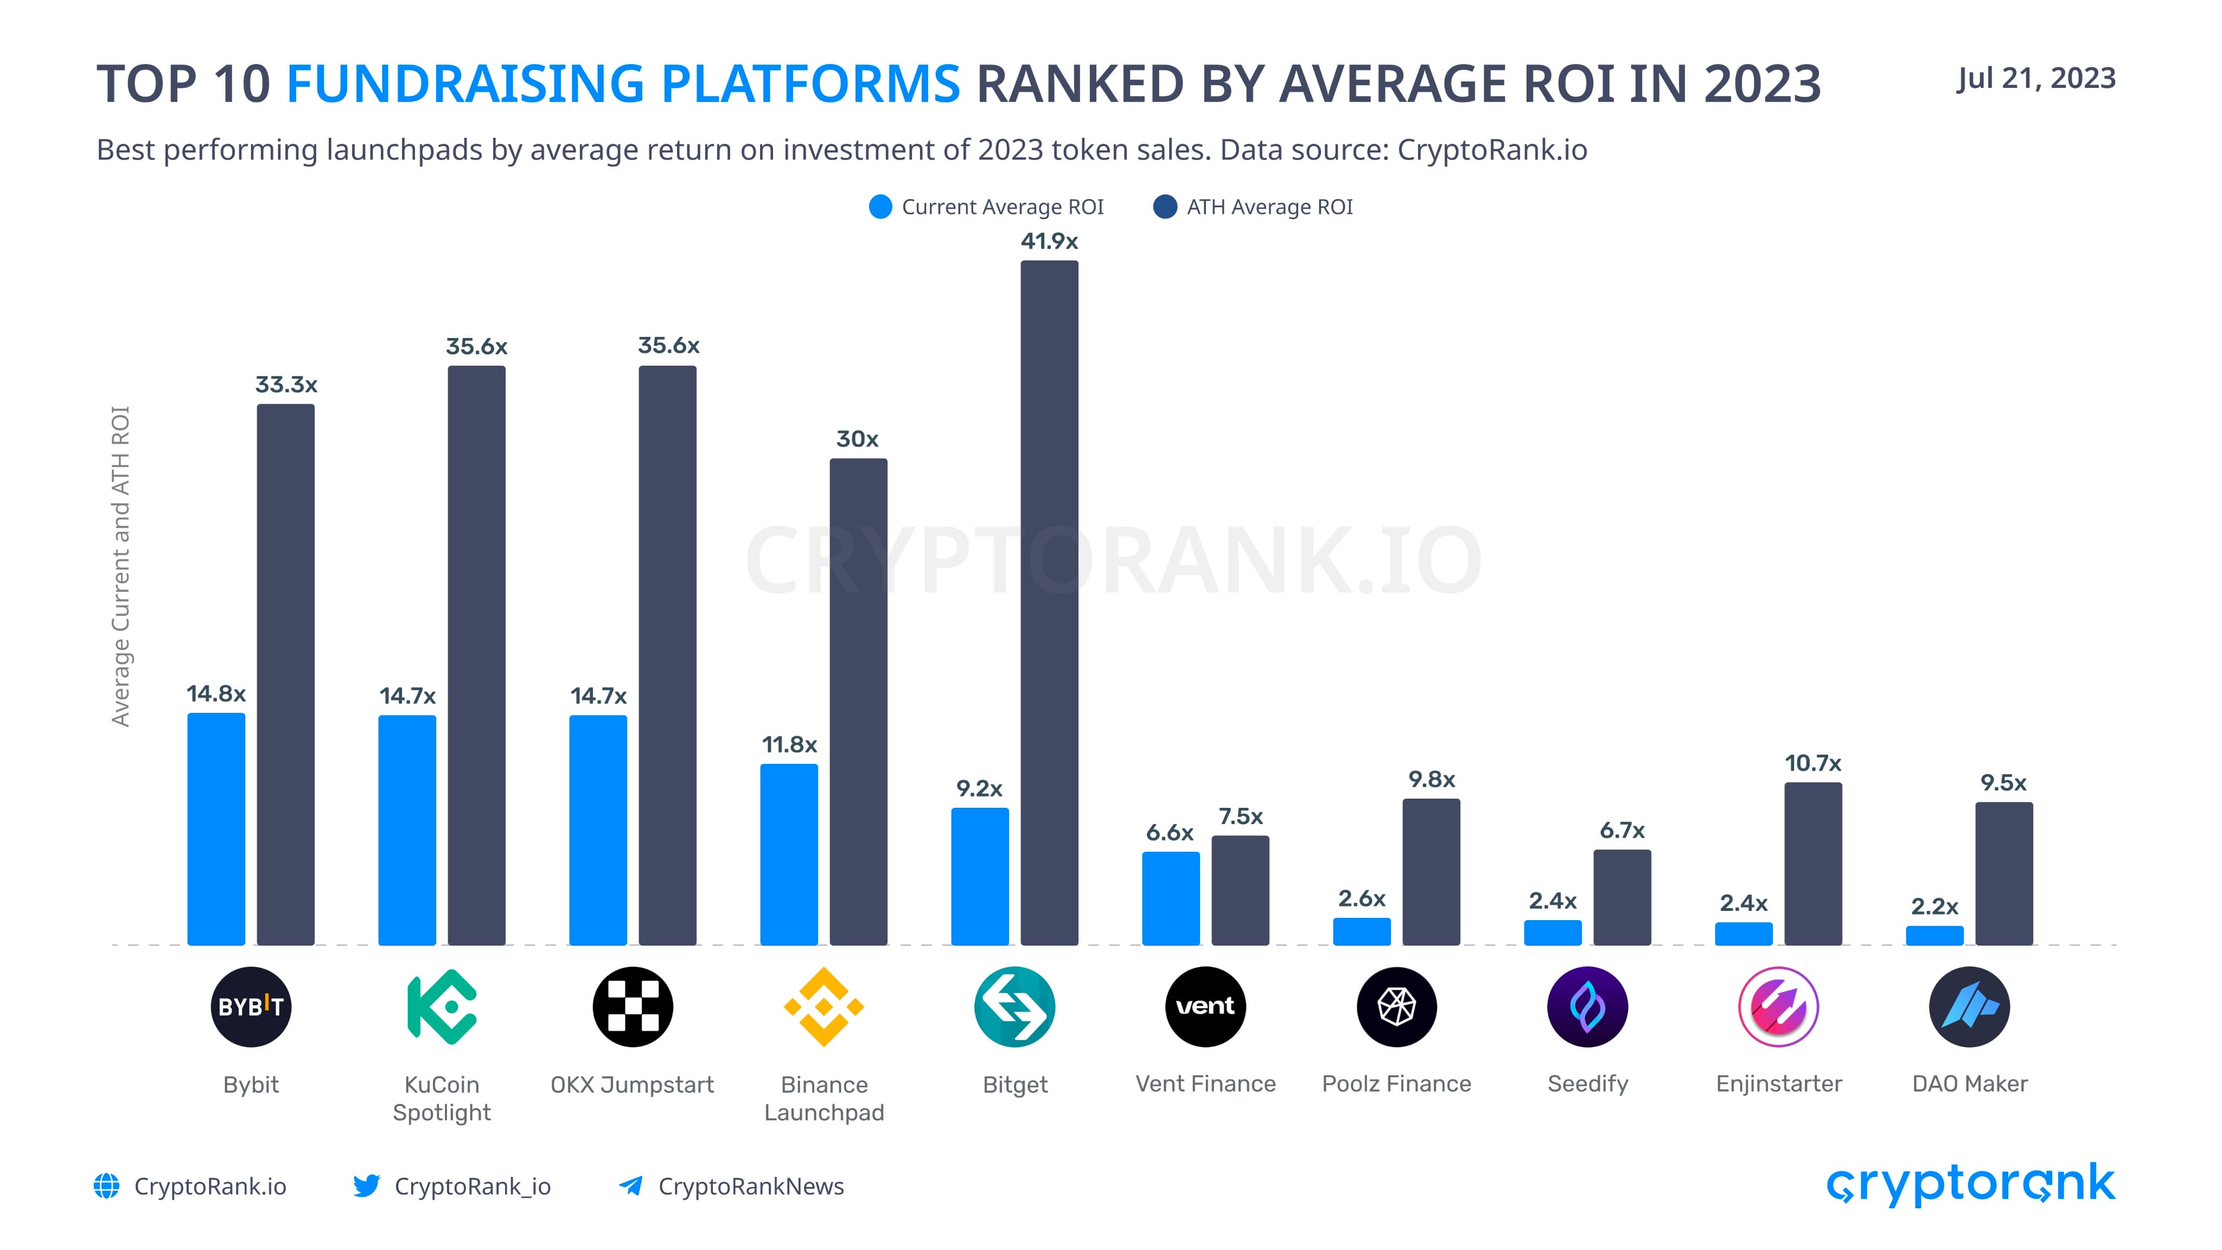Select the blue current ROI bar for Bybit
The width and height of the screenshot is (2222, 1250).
tap(216, 828)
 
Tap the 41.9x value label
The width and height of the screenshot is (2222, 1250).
tap(1049, 241)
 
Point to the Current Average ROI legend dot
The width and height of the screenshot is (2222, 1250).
tap(880, 207)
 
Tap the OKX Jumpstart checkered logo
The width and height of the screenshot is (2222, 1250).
tap(633, 1007)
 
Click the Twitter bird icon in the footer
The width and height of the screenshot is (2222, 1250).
tap(366, 1185)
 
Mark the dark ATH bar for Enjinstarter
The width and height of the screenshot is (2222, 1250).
tap(1812, 863)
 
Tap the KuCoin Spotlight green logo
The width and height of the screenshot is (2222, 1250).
tap(442, 1007)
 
